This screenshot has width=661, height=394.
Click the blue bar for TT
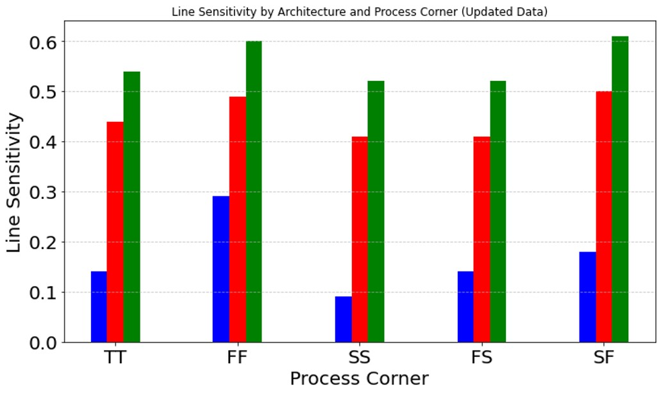pos(99,307)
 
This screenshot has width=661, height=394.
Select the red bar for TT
pos(115,232)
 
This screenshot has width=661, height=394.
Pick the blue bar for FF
pos(221,269)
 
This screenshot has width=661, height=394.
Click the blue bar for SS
pos(344,319)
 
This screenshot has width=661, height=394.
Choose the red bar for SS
pos(360,239)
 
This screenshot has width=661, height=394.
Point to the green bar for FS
pos(498,211)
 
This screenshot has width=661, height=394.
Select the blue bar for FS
pos(465,307)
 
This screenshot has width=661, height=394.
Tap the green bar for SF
pos(620,189)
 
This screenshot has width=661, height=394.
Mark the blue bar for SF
pos(587,296)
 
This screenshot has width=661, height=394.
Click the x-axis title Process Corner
pos(359,379)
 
